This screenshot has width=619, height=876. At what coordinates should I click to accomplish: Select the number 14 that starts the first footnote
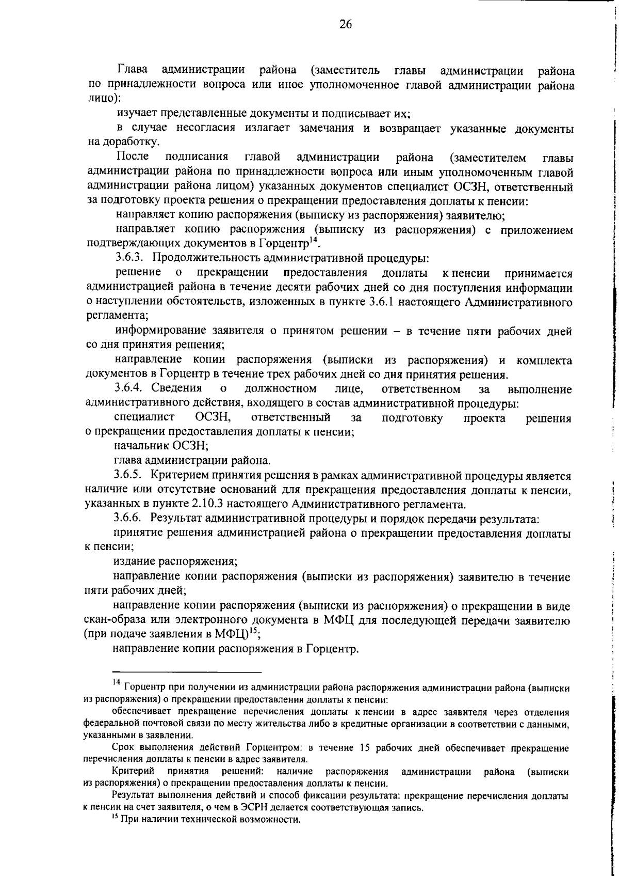(116, 683)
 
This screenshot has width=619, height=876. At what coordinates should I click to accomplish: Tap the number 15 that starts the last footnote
(116, 819)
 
